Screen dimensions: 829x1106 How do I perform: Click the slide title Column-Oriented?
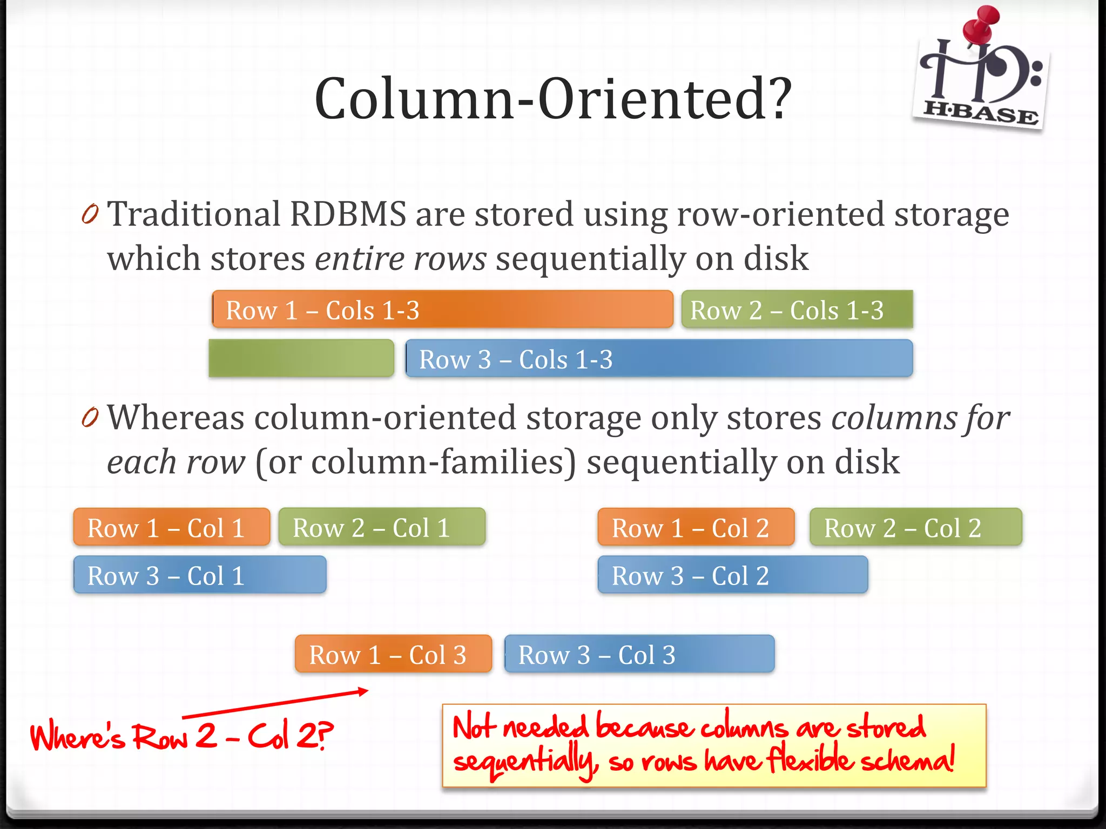[552, 99]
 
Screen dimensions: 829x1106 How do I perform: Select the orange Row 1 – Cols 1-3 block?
[442, 309]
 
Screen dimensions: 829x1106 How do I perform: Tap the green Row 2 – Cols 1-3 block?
[797, 309]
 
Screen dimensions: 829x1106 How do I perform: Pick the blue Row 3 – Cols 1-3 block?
[659, 358]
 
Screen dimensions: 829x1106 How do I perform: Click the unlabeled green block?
[301, 358]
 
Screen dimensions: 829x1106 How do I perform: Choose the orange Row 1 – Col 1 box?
[171, 527]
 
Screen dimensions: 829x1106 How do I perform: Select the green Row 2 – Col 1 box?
[381, 527]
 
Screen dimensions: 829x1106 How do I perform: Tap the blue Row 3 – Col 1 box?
[199, 575]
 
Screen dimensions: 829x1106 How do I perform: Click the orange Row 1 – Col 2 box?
[696, 527]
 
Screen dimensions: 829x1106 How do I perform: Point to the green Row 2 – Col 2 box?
[915, 527]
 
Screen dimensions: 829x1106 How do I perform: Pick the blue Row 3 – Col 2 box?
[732, 575]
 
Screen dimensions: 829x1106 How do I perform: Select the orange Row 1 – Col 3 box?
[393, 654]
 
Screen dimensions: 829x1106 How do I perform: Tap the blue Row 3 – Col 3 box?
[639, 654]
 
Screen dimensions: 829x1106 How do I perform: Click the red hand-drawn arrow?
[275, 703]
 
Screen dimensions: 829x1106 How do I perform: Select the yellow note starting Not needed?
[713, 745]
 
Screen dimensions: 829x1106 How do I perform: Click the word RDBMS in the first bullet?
[348, 214]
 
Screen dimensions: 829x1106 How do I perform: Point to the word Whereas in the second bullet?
[176, 418]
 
